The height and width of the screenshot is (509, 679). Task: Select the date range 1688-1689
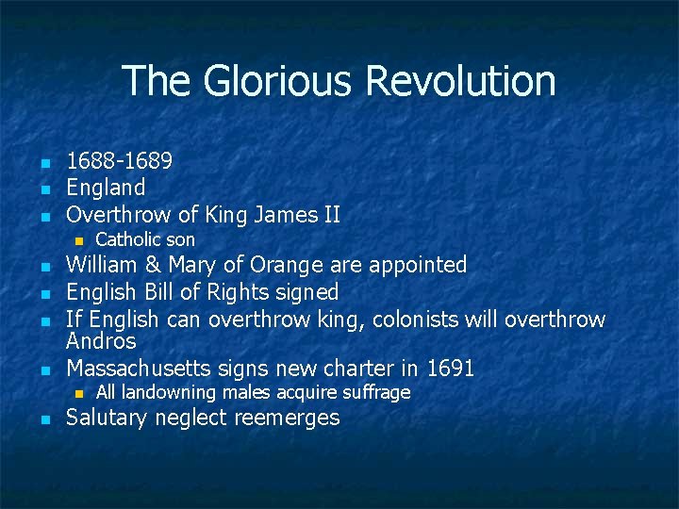(119, 162)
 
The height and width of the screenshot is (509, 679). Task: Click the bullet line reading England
(106, 189)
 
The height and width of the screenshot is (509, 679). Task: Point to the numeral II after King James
(330, 215)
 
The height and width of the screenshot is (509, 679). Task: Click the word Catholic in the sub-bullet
(132, 239)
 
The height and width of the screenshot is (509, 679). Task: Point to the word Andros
(101, 340)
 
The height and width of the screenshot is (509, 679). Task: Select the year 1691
(451, 367)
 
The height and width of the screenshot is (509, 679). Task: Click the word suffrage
(375, 392)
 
